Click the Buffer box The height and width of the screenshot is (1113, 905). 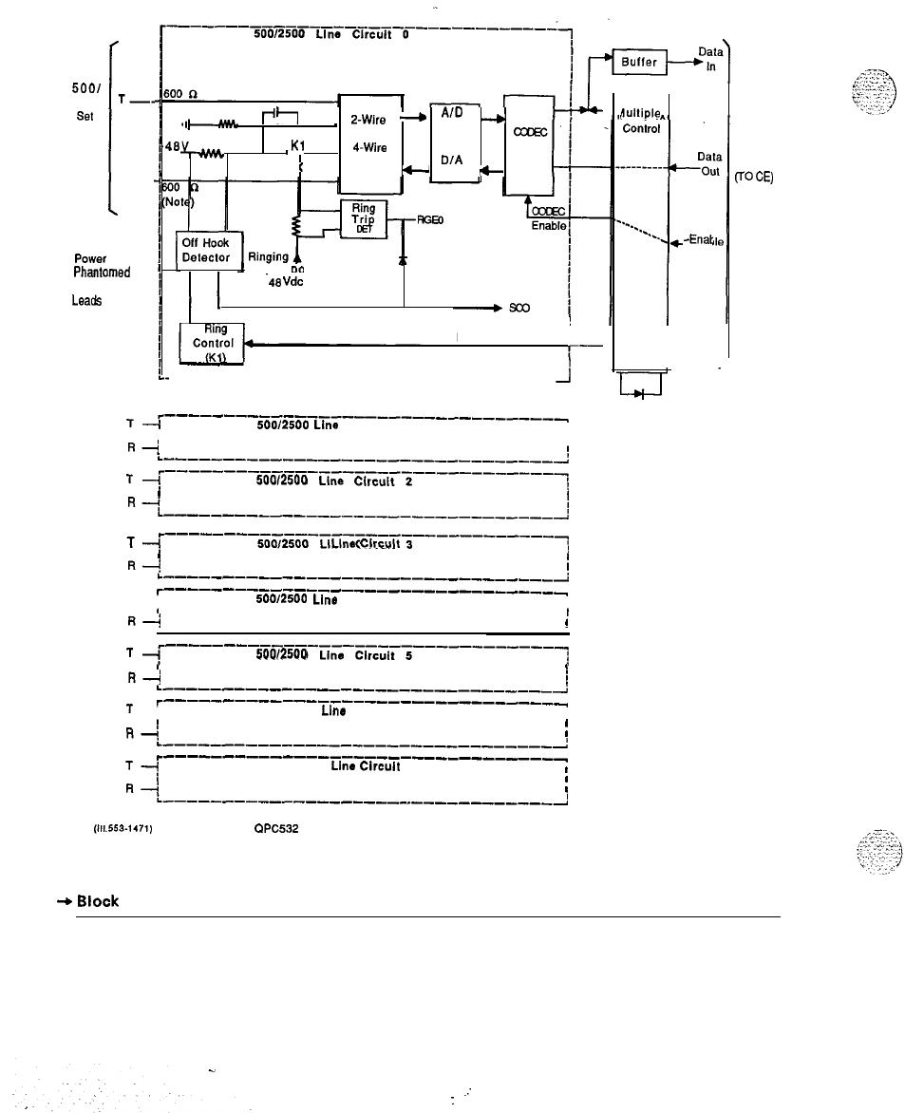click(x=640, y=63)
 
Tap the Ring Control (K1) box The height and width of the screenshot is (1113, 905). click(x=213, y=343)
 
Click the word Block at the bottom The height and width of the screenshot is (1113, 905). click(x=98, y=901)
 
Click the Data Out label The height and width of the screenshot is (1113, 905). click(x=708, y=164)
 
